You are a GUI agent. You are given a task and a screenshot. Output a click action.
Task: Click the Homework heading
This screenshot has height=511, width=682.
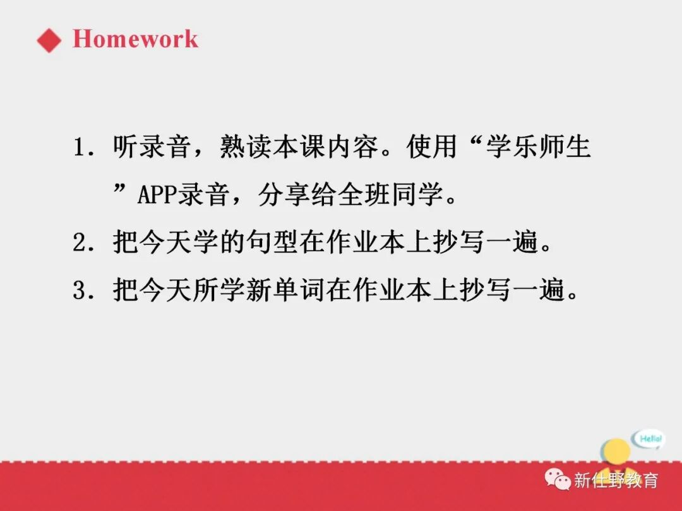(x=135, y=39)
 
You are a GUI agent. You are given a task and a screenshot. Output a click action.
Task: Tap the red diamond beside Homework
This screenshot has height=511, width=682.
(x=49, y=40)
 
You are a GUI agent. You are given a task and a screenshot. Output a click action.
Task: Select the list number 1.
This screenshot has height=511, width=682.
(x=80, y=149)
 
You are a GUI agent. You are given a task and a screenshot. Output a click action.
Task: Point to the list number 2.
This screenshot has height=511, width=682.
(x=80, y=243)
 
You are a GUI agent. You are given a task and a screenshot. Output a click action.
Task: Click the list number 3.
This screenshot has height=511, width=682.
(x=80, y=290)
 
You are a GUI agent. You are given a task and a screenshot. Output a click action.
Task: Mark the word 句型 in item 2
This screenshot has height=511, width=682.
(x=272, y=243)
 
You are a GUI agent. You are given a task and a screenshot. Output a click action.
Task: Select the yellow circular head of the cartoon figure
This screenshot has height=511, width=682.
(x=618, y=450)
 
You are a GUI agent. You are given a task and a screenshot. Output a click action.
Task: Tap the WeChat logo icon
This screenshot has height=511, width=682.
(x=558, y=480)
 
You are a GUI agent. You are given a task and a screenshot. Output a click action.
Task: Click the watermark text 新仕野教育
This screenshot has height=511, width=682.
(x=616, y=480)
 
